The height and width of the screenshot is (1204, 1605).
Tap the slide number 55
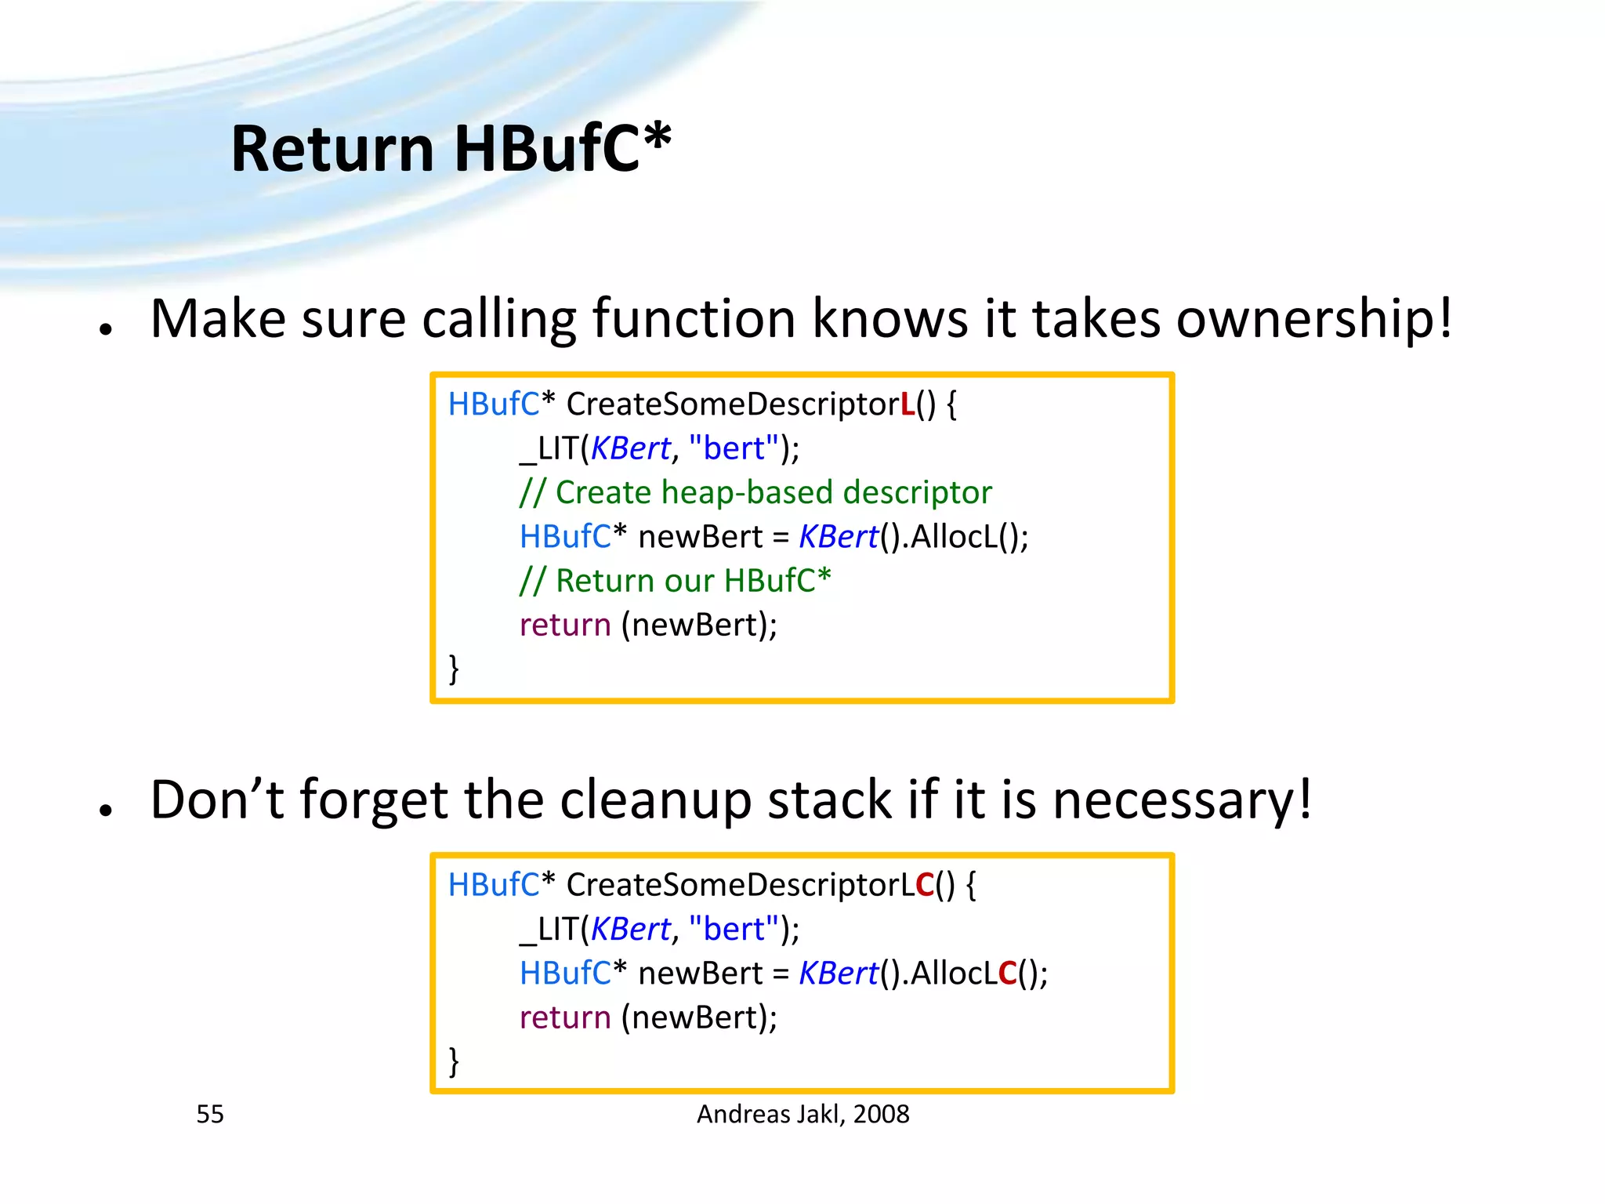(x=210, y=1114)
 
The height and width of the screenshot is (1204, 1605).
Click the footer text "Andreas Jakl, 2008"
(x=802, y=1114)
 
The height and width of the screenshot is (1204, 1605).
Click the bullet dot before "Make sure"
(x=107, y=329)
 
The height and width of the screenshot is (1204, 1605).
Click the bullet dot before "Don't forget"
(x=107, y=811)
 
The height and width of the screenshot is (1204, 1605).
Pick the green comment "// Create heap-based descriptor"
(x=755, y=493)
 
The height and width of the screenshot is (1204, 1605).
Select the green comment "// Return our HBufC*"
(x=675, y=581)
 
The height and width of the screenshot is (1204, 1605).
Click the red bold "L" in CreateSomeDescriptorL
(x=908, y=404)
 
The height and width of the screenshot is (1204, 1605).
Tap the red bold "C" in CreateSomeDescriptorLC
(x=925, y=885)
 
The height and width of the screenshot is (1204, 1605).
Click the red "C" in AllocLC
(x=1007, y=974)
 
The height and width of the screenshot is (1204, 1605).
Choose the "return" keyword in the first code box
(x=565, y=626)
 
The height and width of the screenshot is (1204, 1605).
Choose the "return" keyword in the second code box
(x=565, y=1017)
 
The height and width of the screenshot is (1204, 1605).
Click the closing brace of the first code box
(x=454, y=669)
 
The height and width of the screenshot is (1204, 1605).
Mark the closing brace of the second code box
(x=454, y=1061)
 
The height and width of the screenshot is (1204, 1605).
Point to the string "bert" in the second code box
(x=734, y=930)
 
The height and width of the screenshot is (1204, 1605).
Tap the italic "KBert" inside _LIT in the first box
(x=631, y=449)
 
